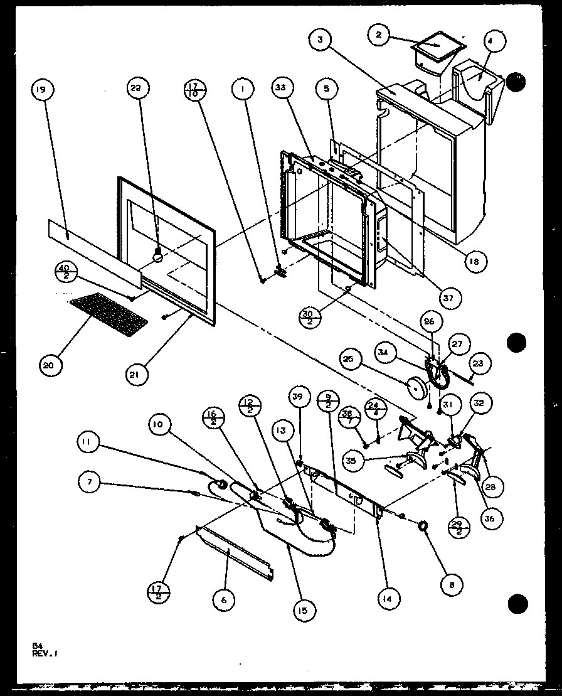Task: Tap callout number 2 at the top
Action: (x=378, y=36)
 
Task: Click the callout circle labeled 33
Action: (x=280, y=88)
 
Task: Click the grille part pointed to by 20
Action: (x=109, y=311)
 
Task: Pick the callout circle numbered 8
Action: (x=452, y=584)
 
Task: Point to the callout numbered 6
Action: (x=223, y=599)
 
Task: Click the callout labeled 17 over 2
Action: (x=159, y=591)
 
